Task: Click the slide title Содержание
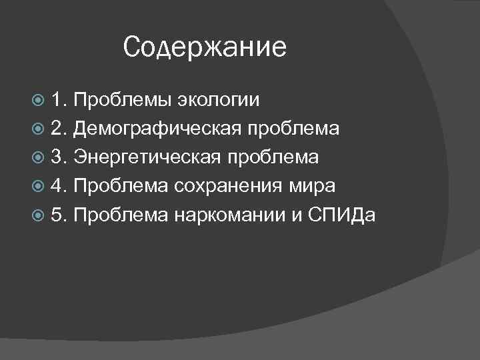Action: pos(205,47)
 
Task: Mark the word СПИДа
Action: pos(341,213)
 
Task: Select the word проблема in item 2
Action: pos(293,129)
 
